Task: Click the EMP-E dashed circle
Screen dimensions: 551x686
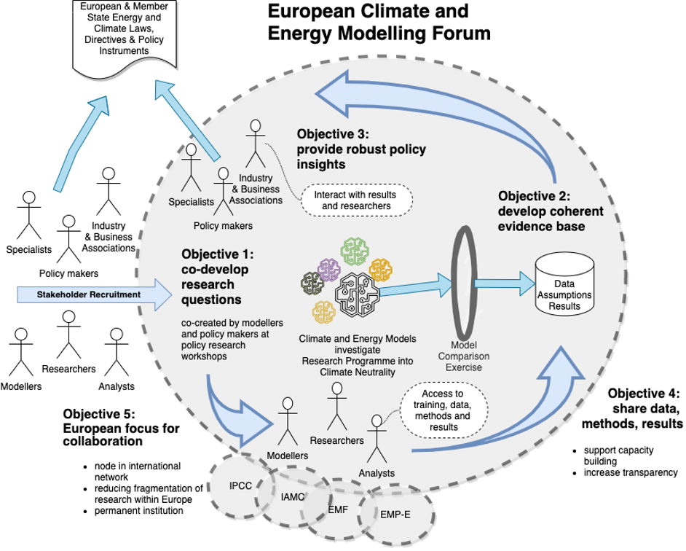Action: coord(395,514)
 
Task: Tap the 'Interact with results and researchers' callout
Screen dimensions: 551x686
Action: coord(356,200)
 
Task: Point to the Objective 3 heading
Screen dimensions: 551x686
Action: coord(361,149)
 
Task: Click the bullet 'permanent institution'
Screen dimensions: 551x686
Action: coord(138,510)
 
